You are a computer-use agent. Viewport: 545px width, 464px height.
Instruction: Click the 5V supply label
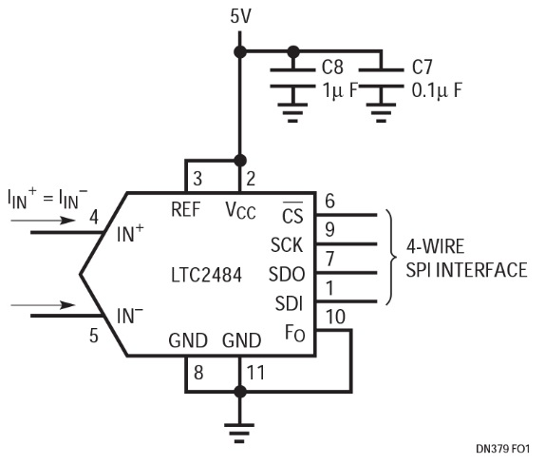240,16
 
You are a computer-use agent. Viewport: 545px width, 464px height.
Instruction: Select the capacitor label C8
332,67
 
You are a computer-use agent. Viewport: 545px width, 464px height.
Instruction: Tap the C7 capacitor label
422,67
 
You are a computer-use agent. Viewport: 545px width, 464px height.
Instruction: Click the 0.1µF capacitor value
437,90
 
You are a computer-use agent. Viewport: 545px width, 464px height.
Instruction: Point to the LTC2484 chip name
206,275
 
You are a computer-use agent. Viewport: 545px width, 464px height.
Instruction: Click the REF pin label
186,209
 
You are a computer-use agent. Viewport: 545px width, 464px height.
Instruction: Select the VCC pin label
240,210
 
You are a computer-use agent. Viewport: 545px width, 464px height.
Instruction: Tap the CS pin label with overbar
292,213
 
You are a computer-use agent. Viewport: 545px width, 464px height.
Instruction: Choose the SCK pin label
287,245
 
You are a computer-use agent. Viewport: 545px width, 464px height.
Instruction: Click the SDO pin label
287,274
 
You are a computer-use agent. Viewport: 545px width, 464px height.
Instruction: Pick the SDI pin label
290,303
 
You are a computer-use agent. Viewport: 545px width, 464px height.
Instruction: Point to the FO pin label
294,334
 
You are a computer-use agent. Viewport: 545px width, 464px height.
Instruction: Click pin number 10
335,317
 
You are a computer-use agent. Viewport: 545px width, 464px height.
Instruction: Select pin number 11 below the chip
255,373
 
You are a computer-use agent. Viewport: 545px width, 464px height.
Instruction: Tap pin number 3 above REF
197,179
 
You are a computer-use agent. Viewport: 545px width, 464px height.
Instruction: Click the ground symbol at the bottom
239,433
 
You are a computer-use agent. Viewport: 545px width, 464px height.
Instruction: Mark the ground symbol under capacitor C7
382,113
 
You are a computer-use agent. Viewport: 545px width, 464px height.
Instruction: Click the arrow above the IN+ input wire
43,221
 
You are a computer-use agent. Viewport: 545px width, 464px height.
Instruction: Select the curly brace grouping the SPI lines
391,258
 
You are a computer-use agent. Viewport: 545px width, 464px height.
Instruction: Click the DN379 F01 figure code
502,449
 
